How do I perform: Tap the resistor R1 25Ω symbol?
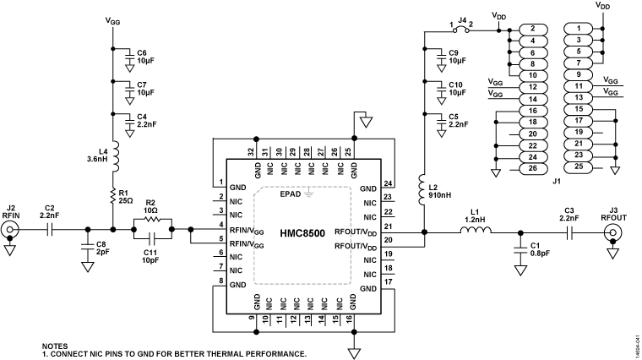coord(112,198)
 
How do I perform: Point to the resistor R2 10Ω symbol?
coord(152,218)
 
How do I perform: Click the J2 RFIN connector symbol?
coord(10,227)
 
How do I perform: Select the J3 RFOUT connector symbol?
coord(615,228)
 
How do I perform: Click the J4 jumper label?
coord(463,19)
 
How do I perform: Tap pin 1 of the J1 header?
coord(601,28)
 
